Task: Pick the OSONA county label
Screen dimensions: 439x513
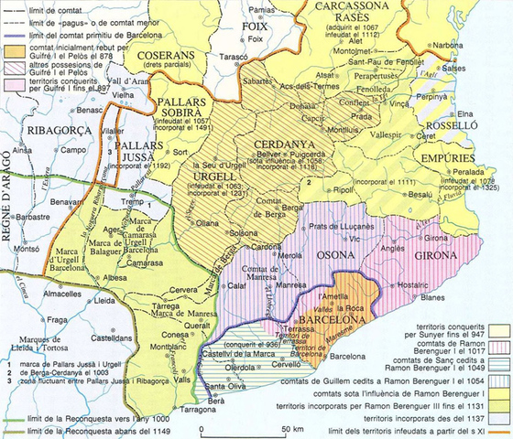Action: click(335, 257)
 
